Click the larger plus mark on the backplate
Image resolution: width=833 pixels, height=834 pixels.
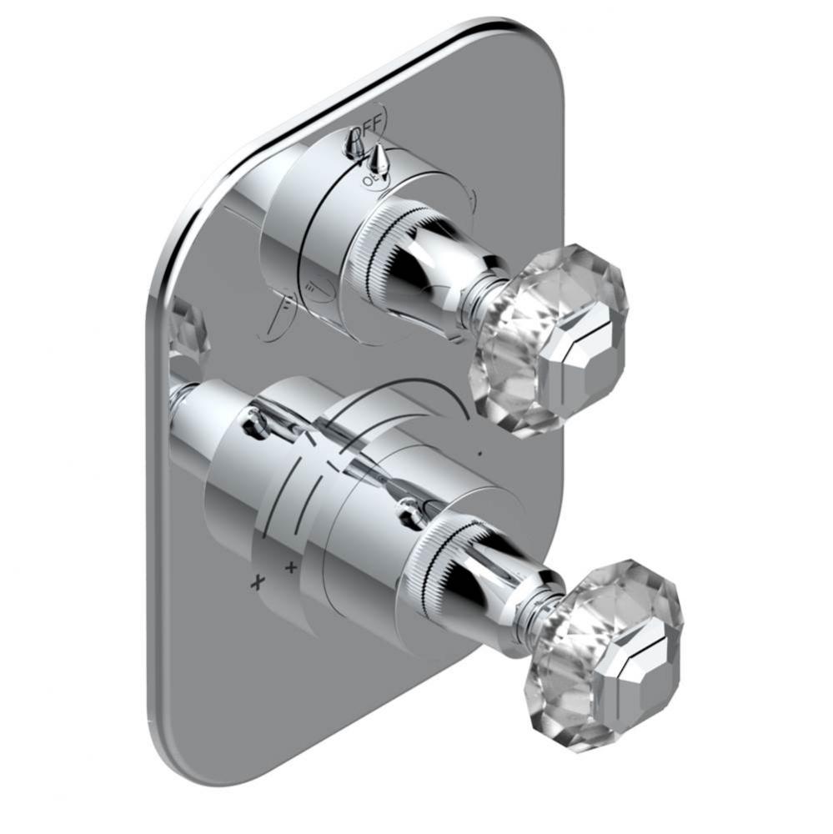pos(258,581)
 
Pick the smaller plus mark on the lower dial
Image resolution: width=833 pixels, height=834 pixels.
pos(290,568)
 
